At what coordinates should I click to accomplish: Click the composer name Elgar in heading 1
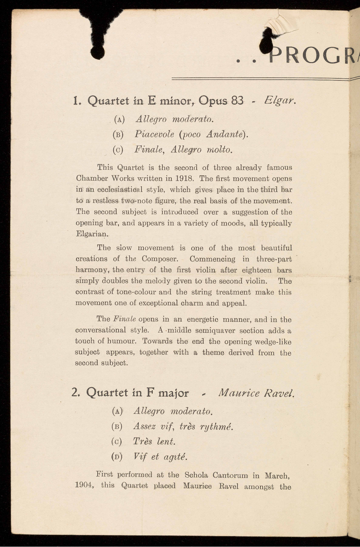coord(280,100)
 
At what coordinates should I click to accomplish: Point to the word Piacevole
coord(154,134)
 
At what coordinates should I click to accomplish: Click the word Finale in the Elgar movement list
coord(149,149)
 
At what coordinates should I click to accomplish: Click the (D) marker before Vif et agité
coord(118,457)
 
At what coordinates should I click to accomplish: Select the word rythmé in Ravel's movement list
coord(216,426)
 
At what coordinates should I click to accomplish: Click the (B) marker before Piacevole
coord(118,135)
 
